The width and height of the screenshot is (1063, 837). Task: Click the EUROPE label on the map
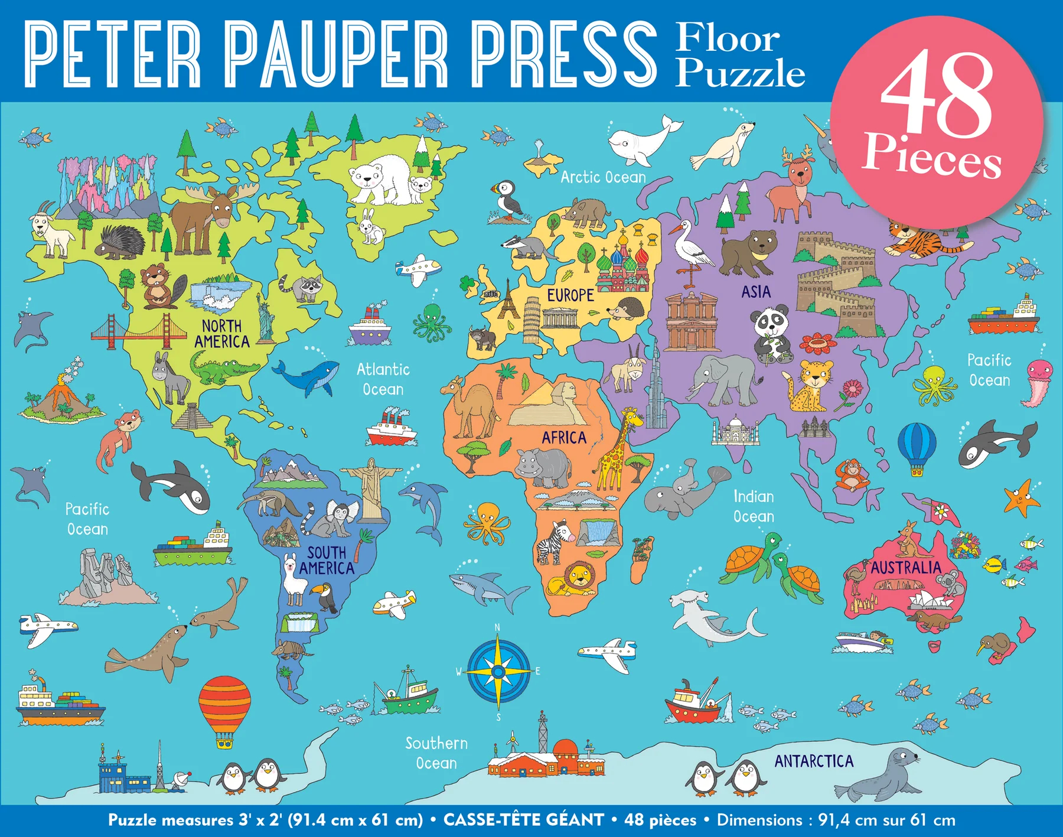(570, 295)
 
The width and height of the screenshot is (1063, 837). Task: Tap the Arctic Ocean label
(603, 177)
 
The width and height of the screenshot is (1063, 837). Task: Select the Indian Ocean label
(754, 506)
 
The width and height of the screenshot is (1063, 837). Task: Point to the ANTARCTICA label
(814, 761)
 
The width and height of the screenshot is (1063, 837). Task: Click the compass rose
(498, 672)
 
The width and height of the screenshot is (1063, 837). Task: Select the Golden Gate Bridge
(139, 333)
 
